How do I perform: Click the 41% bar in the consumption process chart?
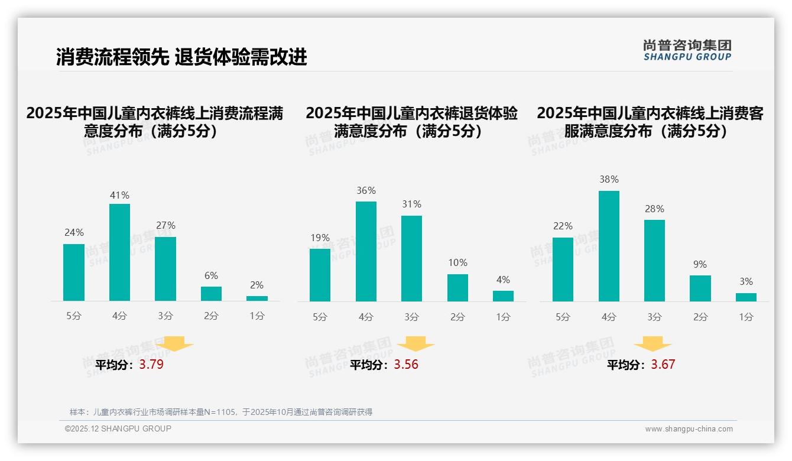[x=119, y=252]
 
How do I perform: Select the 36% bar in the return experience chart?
[x=366, y=251]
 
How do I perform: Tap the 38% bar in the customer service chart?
[x=609, y=246]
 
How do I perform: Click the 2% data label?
[x=257, y=285]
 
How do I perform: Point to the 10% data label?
[x=457, y=263]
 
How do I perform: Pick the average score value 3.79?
[x=151, y=365]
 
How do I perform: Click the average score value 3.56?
[x=406, y=365]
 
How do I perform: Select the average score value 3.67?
[x=663, y=365]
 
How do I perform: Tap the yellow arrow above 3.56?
[x=416, y=343]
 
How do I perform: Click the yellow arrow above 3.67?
[x=653, y=343]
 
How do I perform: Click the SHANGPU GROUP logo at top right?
[x=687, y=50]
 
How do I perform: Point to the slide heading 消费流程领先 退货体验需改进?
[x=181, y=57]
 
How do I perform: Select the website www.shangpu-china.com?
[x=689, y=429]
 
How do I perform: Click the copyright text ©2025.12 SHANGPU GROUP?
[x=118, y=428]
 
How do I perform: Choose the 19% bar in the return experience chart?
[x=320, y=275]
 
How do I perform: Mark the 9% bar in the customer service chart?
[x=700, y=288]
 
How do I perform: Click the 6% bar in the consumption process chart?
[x=211, y=294]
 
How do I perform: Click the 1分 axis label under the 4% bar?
[x=503, y=317]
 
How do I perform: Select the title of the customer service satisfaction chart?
[x=650, y=122]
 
